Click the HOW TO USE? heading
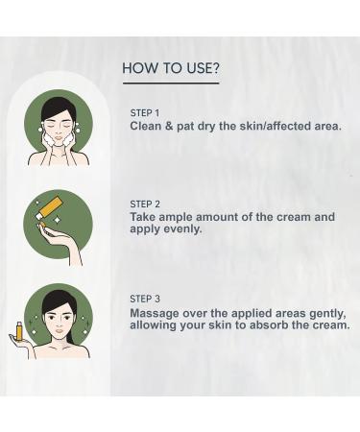(171, 68)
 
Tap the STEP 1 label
(145, 113)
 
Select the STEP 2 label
(145, 204)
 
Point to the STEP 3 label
(145, 299)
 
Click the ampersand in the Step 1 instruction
(169, 126)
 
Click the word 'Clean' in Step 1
(146, 126)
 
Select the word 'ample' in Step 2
(176, 218)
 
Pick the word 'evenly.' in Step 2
(182, 229)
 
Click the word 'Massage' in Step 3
(155, 314)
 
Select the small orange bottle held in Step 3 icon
(20, 331)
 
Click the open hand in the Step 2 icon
(60, 240)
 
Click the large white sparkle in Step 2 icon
(58, 220)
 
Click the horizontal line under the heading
(171, 84)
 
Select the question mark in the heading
(216, 68)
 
